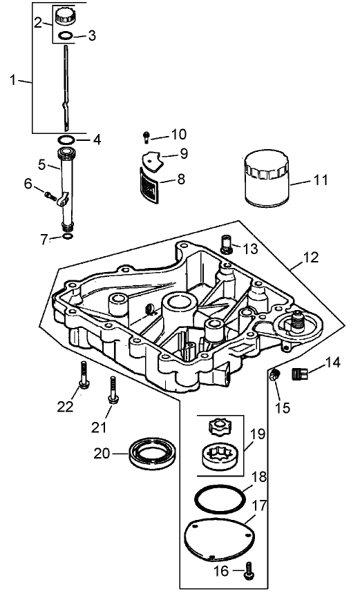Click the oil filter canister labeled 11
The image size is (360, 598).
click(x=267, y=182)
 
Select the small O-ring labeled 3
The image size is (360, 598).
click(x=65, y=36)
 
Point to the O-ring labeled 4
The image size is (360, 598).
click(x=66, y=140)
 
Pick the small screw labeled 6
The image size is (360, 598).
click(x=50, y=195)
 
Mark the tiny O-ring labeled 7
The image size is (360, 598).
click(x=66, y=236)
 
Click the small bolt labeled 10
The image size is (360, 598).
click(x=146, y=135)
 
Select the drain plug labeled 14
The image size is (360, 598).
click(x=299, y=376)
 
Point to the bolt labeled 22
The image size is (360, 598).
click(x=84, y=376)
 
